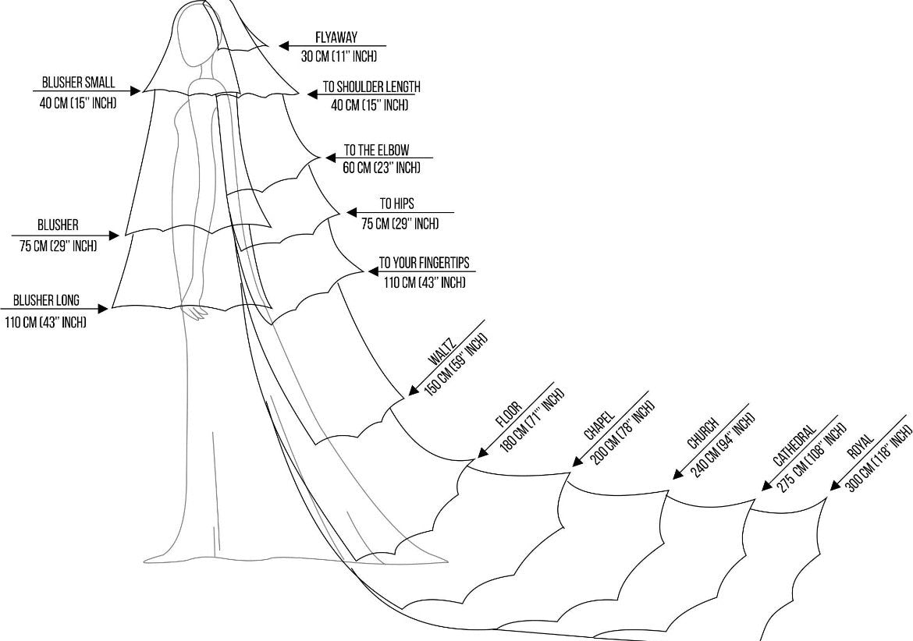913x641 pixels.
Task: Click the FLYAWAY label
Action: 337,37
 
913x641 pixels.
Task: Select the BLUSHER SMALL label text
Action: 78,83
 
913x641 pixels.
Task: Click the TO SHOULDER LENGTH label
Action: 371,88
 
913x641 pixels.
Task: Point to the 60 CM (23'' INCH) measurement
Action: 382,168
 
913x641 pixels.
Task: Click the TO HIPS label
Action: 396,204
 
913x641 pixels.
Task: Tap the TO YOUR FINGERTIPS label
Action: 424,263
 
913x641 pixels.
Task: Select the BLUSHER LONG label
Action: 46,300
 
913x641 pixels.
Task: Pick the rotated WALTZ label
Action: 437,353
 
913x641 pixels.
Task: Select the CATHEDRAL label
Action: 794,446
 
